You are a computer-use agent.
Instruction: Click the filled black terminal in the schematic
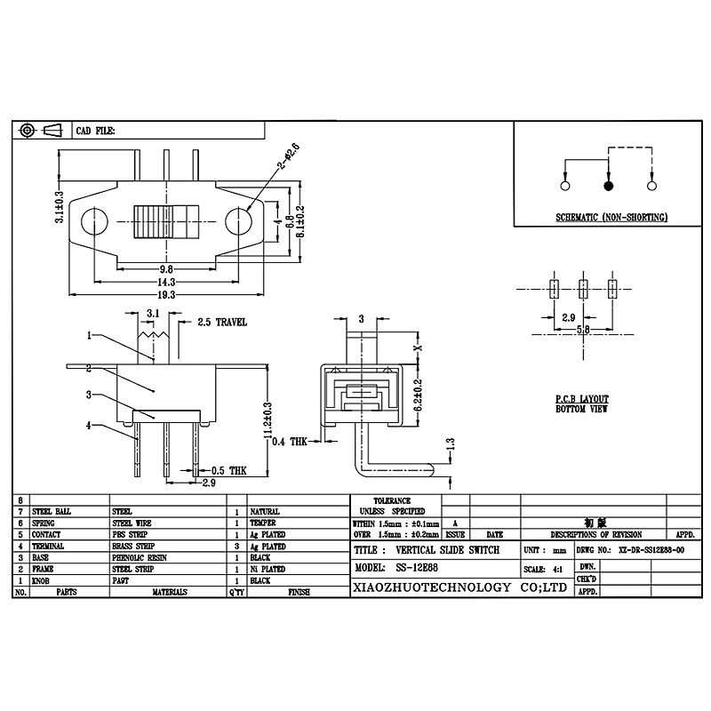coord(609,187)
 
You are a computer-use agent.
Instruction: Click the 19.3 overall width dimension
coord(166,294)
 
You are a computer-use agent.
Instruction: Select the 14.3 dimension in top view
coord(166,281)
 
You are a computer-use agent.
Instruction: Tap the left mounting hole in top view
coord(95,220)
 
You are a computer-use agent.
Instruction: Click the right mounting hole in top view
coord(238,220)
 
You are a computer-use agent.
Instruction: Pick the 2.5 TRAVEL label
coord(221,322)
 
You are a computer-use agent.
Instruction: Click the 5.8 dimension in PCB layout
coord(583,328)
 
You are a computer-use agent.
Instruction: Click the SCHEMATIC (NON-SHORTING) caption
coord(611,218)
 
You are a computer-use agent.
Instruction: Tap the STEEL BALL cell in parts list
coord(52,512)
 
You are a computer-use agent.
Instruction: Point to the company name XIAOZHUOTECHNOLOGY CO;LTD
coord(459,587)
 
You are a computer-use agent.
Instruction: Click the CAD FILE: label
coord(95,131)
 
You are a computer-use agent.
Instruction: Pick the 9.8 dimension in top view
coord(166,268)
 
